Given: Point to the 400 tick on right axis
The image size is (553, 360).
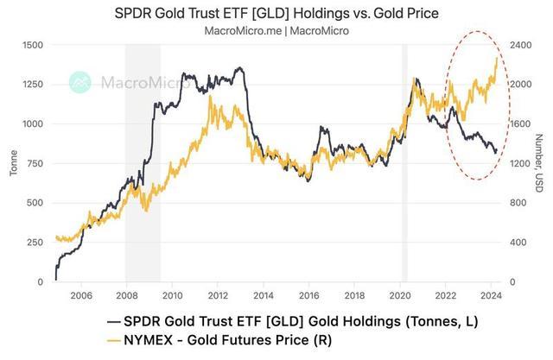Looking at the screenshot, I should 518,243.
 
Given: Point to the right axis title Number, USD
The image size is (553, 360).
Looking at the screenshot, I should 538,163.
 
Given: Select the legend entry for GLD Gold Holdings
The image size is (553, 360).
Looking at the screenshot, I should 298,320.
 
